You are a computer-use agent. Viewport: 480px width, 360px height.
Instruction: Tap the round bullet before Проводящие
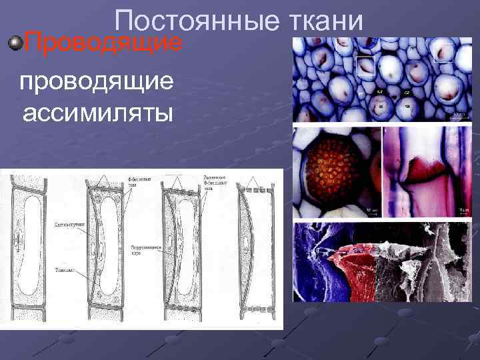[x=15, y=44]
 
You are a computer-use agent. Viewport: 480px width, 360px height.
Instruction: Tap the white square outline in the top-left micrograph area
[x=365, y=66]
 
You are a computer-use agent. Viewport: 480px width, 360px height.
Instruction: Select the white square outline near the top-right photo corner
[x=444, y=51]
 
